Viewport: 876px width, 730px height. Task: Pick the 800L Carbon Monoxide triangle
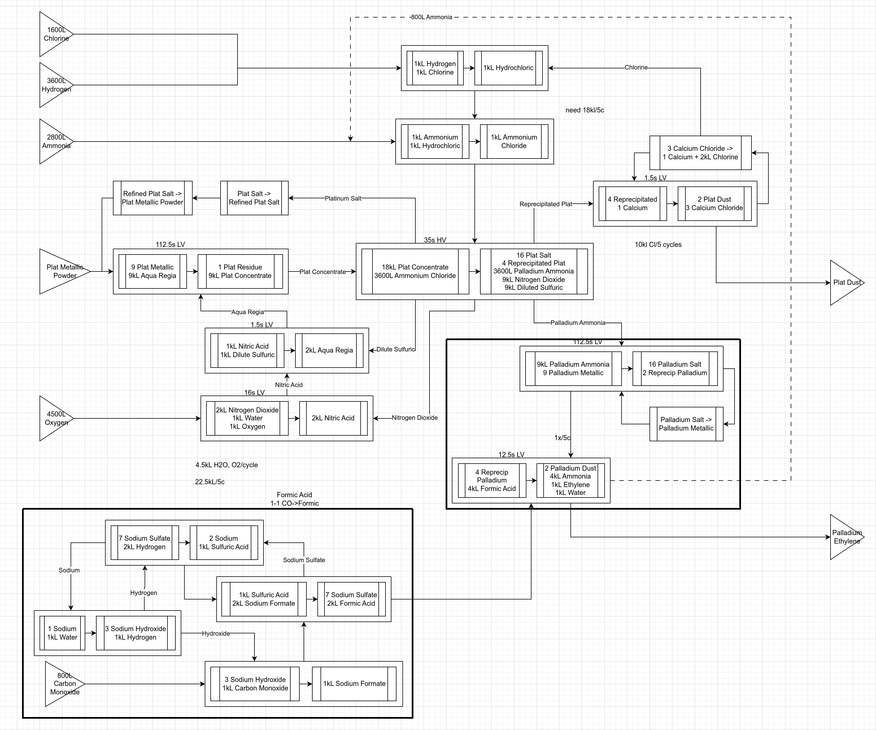63,684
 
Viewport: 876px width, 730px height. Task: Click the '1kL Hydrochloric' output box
509,68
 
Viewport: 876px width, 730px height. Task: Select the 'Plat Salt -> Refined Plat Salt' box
254,198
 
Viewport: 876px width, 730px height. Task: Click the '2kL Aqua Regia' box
329,350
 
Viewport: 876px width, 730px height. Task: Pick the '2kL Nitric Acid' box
333,418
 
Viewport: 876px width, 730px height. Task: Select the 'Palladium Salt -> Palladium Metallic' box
686,424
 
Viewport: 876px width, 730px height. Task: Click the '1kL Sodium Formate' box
354,684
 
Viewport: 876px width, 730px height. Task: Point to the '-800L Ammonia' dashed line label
431,17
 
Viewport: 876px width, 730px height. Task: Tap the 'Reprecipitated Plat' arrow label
546,204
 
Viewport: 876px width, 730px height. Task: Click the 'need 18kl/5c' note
584,110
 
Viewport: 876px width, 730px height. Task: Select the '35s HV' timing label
435,240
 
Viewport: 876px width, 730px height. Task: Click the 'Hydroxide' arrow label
216,634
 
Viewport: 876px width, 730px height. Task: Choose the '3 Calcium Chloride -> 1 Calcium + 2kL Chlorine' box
700,153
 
